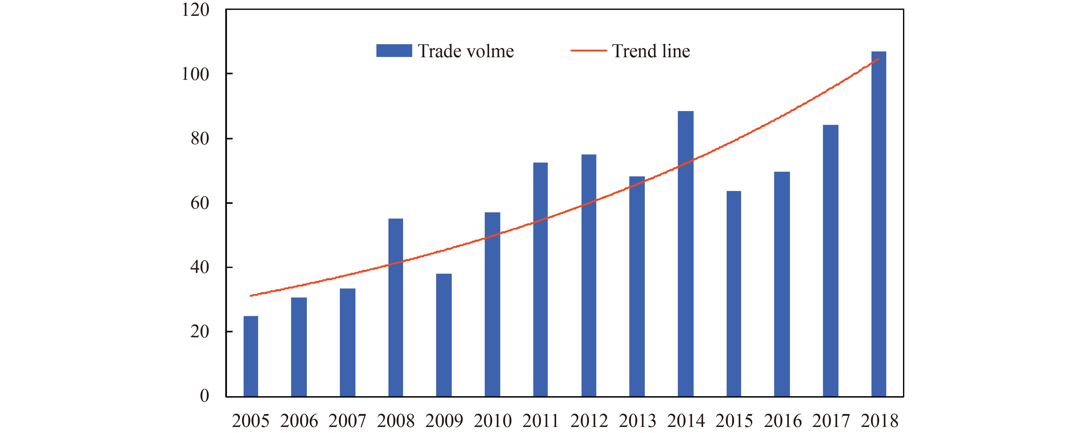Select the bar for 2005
(x=251, y=356)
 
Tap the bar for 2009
(x=444, y=335)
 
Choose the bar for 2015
(x=733, y=294)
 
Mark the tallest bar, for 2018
(x=879, y=224)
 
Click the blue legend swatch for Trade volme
(x=394, y=51)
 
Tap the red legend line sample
(x=588, y=51)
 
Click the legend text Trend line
(x=651, y=51)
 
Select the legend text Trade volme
(x=466, y=51)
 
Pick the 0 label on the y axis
(x=205, y=396)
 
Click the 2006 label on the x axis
(x=299, y=421)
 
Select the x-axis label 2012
(x=589, y=421)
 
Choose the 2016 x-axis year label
(x=782, y=421)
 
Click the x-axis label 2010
(x=492, y=421)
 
